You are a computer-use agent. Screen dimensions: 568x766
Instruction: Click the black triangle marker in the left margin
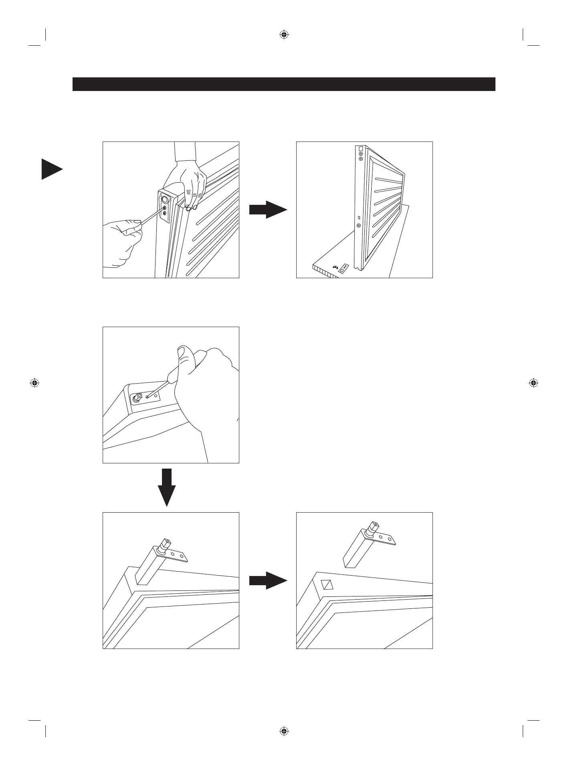click(50, 169)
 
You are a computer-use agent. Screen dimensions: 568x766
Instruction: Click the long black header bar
click(284, 84)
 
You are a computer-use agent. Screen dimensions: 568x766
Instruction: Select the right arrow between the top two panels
click(268, 210)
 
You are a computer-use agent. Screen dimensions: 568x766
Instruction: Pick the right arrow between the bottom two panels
click(268, 580)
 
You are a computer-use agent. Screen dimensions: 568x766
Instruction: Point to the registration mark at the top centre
click(284, 35)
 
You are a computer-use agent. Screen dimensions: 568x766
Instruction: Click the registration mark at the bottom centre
click(284, 731)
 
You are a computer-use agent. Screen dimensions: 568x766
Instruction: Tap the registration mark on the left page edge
click(34, 383)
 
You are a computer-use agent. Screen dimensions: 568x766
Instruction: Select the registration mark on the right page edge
click(533, 383)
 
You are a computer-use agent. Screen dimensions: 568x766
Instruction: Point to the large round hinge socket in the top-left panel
click(165, 199)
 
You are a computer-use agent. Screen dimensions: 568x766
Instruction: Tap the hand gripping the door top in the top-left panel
click(188, 180)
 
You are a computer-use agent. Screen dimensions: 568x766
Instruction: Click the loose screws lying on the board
click(335, 267)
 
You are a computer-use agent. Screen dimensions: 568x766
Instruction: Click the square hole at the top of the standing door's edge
click(360, 147)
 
